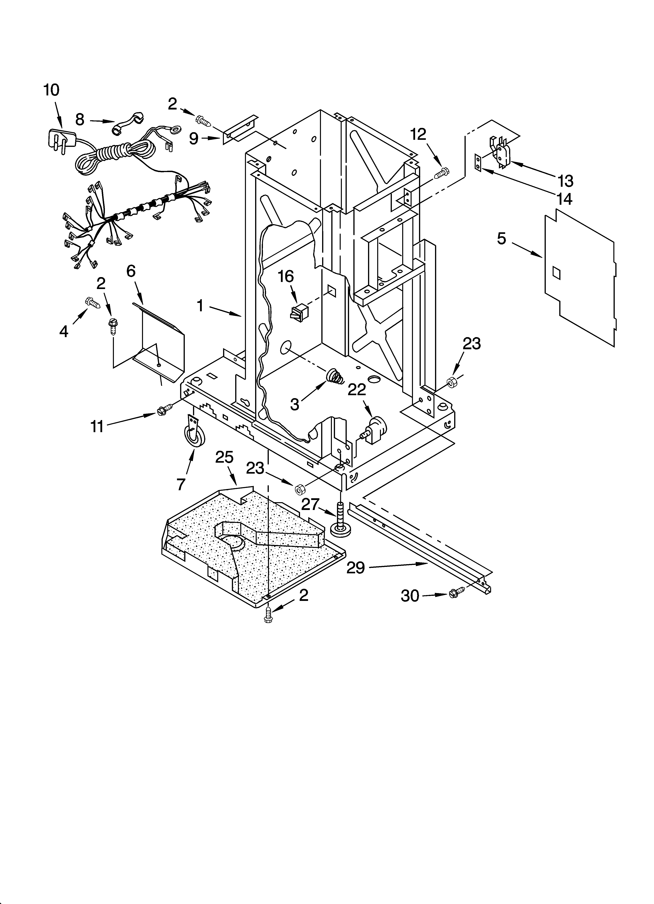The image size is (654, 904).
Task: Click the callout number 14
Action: click(565, 198)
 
